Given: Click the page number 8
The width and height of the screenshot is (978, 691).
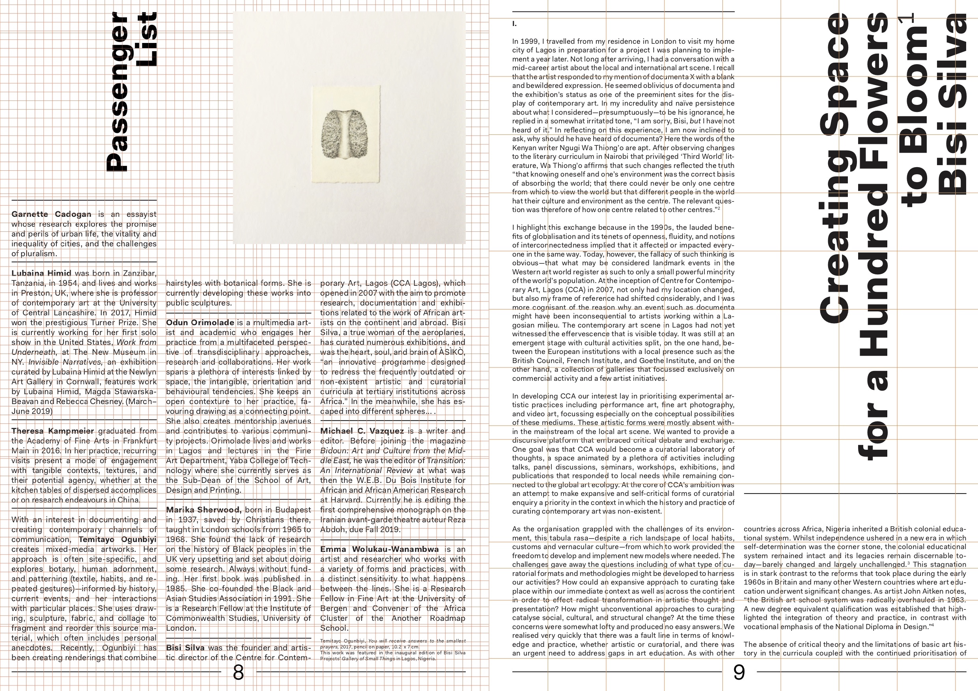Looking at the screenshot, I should [239, 673].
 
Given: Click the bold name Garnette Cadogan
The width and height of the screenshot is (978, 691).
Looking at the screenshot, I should [52, 214].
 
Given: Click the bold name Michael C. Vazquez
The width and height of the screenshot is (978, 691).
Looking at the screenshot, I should [362, 431].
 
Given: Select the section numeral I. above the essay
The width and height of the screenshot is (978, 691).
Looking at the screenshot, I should [515, 24].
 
